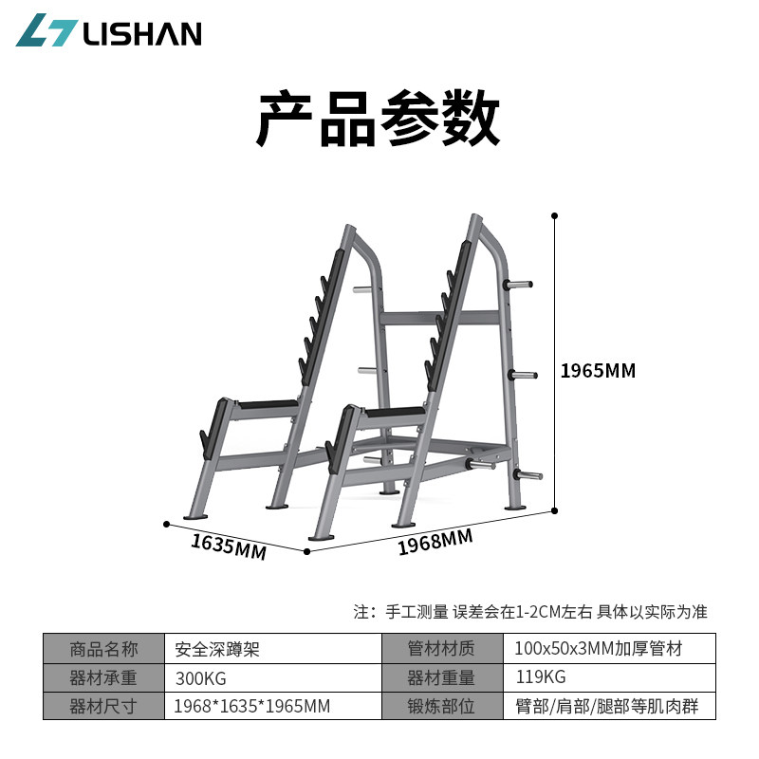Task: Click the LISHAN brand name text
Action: tap(142, 33)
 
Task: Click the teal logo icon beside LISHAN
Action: tap(45, 30)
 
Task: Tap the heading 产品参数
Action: tap(378, 119)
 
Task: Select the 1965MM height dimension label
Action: tap(598, 371)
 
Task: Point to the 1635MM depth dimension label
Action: tap(229, 546)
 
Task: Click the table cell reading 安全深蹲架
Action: tap(217, 650)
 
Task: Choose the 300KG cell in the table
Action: tap(201, 678)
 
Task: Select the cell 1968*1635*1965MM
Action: tap(251, 707)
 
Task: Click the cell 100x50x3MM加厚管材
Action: tap(598, 650)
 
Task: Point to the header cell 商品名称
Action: tap(103, 650)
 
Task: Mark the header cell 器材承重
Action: tap(103, 678)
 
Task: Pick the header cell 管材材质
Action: tap(441, 650)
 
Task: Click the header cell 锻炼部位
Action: tap(441, 707)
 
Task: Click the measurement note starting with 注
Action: tap(530, 612)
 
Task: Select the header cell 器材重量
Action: tap(441, 678)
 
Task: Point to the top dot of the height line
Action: tap(555, 215)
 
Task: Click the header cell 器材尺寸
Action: tap(103, 707)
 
